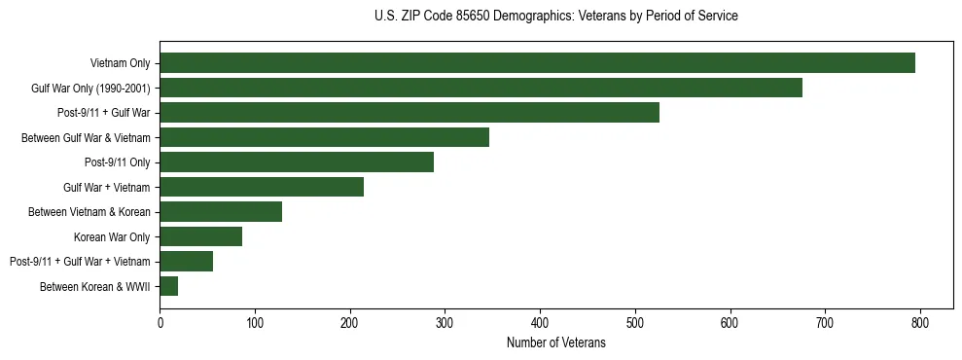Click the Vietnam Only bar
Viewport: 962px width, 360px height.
[x=537, y=63]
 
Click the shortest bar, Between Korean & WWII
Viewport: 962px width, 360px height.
[x=169, y=286]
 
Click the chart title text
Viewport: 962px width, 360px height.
[x=555, y=17]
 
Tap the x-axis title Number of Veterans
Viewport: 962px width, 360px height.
[x=555, y=342]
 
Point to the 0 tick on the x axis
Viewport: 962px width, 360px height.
[x=160, y=322]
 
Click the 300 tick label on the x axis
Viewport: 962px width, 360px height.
[x=445, y=322]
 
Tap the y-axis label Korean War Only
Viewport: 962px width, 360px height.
[x=112, y=236]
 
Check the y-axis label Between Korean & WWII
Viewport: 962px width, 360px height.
[x=95, y=286]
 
